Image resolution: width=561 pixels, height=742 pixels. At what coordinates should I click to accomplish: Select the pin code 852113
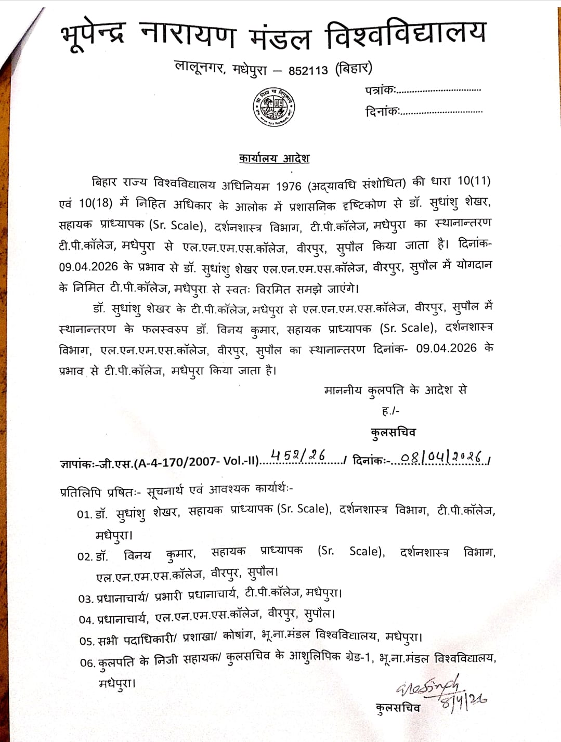click(x=308, y=70)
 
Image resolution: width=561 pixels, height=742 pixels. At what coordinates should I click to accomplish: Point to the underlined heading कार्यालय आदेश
click(x=274, y=158)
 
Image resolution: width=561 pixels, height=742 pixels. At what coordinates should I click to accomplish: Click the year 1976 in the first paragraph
click(x=288, y=186)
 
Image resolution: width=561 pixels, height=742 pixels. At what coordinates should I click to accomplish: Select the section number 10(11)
click(x=474, y=181)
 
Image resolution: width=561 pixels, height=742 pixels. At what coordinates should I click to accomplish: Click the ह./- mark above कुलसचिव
click(x=390, y=411)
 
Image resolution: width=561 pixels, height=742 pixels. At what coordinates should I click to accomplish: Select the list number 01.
click(x=84, y=514)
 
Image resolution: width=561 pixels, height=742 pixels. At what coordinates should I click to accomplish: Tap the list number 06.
click(x=87, y=663)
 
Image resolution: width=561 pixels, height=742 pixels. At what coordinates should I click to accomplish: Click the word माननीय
click(x=343, y=390)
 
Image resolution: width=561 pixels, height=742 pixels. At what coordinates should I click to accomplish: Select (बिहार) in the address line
click(x=354, y=68)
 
